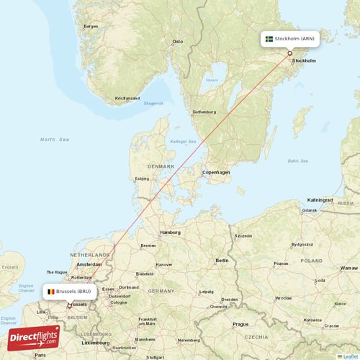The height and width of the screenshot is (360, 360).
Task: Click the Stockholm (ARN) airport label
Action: point(292,39)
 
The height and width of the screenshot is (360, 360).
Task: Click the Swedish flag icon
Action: point(269,39)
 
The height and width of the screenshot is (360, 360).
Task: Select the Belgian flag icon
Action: point(51,292)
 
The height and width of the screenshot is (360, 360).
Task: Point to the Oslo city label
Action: point(177,42)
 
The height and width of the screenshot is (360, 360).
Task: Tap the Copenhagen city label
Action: point(216,172)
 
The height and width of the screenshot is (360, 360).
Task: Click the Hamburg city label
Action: point(170,233)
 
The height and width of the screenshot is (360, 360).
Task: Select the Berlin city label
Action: point(222,260)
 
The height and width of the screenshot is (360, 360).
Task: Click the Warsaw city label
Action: point(348,269)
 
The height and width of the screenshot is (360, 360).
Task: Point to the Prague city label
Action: point(240,324)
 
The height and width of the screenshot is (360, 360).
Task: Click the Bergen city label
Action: point(91,26)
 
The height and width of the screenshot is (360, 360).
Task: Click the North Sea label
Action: point(53,139)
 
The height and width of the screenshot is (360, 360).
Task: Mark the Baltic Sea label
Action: point(297,161)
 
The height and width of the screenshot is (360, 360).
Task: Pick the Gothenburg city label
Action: point(204,112)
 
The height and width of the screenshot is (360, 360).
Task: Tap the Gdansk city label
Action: point(310,210)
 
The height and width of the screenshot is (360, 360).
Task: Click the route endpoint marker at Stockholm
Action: point(289,53)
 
